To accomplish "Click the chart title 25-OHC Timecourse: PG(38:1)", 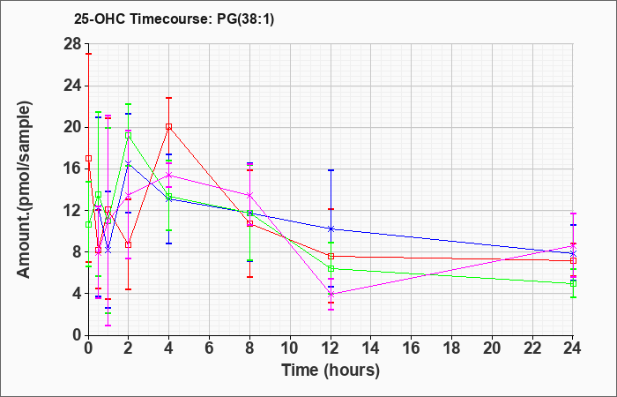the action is (x=174, y=19).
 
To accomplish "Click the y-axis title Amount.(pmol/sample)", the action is (x=25, y=190).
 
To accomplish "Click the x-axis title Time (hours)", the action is (x=331, y=371).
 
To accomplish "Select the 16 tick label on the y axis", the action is (x=72, y=169).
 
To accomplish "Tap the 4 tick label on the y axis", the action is (x=77, y=294).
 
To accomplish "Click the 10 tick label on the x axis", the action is (x=290, y=348).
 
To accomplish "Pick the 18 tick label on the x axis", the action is (x=451, y=348).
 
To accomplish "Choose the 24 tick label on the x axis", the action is (x=573, y=348).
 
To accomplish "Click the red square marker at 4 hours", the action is (x=169, y=126).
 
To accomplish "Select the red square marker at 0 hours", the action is (x=88, y=158).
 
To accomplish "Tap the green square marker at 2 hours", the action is (x=129, y=135).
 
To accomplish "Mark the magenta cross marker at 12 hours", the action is (x=331, y=294).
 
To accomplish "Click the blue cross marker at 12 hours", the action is (x=331, y=228).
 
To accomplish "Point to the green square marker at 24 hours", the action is (x=573, y=283).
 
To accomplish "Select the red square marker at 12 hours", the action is (x=331, y=257).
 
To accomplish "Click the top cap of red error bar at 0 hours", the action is (x=88, y=54).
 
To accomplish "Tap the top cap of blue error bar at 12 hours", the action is (x=331, y=170).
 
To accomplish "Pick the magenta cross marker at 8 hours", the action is (x=249, y=195).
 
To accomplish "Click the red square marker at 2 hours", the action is (x=129, y=244).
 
